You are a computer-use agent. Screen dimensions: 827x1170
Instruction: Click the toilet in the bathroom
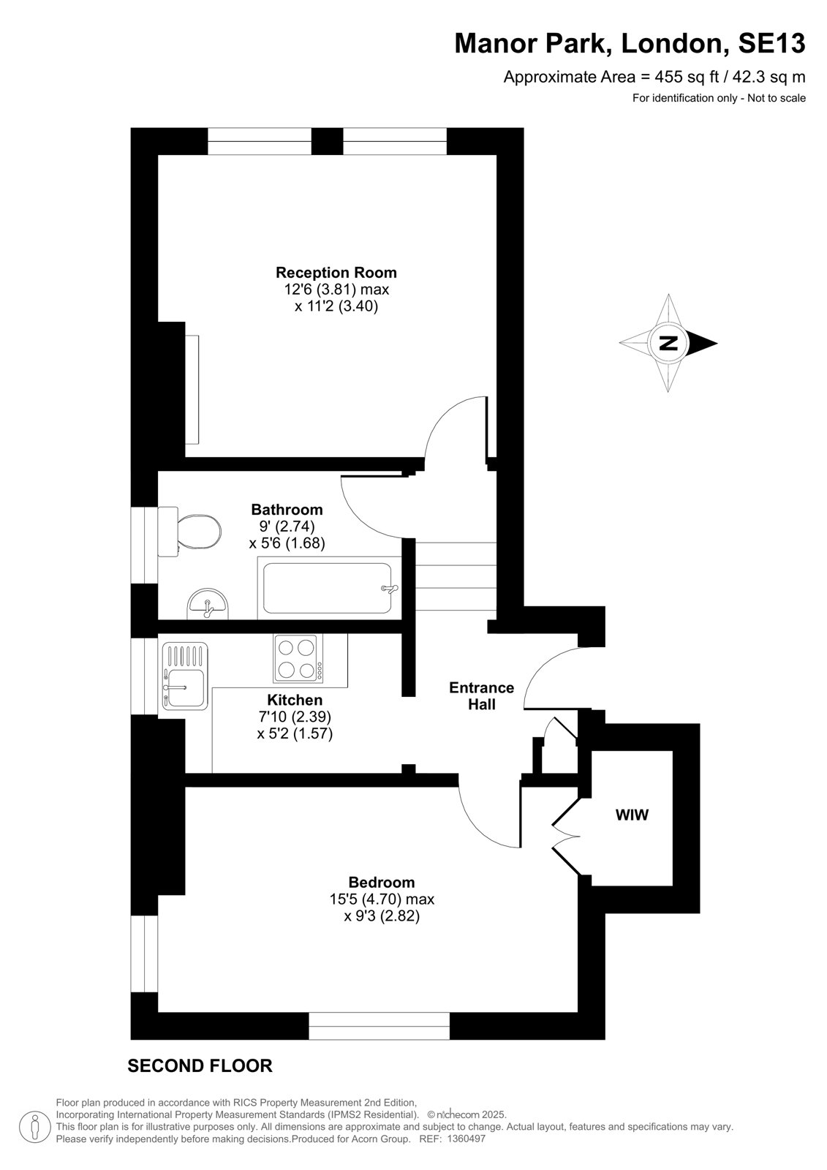tap(189, 532)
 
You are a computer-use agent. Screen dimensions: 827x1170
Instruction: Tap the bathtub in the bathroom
tap(328, 588)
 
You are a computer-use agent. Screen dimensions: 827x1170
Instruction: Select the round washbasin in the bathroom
tap(208, 604)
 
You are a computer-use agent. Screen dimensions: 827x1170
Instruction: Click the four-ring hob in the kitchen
tap(298, 658)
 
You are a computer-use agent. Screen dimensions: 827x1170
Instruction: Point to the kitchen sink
tap(185, 676)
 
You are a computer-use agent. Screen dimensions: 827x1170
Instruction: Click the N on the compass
tap(668, 343)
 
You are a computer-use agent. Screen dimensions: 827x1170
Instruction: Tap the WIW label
tap(632, 815)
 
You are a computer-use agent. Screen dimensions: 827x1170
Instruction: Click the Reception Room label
tap(336, 273)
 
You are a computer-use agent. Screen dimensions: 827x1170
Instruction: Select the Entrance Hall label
tap(481, 695)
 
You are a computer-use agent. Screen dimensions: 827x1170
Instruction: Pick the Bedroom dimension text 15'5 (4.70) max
tap(382, 899)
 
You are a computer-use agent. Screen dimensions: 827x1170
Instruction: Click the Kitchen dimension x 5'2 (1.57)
tap(295, 733)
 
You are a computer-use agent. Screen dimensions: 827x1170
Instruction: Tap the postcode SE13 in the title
tap(771, 43)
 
